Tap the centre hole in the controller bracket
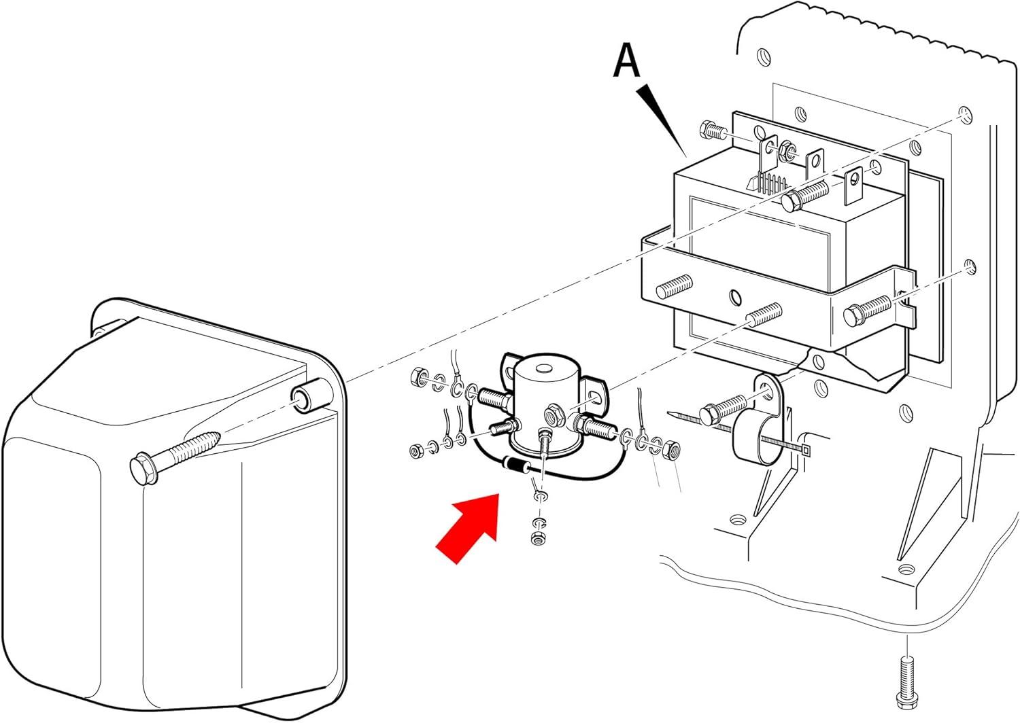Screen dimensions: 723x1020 [x=734, y=297]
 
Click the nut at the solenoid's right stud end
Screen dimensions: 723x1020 [x=672, y=448]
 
